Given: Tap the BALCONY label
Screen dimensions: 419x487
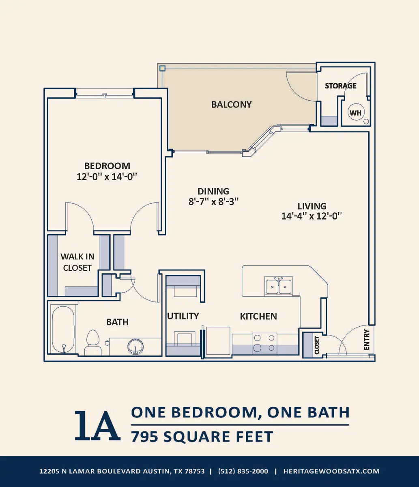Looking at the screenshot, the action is [231, 104].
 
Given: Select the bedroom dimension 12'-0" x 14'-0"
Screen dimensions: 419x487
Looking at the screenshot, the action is [107, 177].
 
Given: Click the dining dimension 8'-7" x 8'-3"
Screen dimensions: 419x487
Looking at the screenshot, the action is [213, 201].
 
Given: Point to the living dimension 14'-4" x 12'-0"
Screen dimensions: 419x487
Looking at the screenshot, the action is [312, 216].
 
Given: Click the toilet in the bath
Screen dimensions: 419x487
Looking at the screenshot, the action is [93, 343].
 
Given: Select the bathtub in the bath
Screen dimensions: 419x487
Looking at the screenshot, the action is [63, 330].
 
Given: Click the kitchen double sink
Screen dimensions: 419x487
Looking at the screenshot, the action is [278, 286].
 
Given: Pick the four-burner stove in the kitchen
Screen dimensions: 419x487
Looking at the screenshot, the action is [264, 343].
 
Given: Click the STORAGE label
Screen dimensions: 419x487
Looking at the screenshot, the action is [341, 86].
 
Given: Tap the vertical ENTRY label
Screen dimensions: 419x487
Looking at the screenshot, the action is [367, 340].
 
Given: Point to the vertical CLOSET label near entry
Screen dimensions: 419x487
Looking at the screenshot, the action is [317, 345].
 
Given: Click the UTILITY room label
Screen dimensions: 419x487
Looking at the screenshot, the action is [183, 316].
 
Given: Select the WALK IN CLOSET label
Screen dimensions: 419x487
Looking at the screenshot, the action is [77, 262].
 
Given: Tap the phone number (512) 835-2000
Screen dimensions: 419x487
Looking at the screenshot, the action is [243, 471].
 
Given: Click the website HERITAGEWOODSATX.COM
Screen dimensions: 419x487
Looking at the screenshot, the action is [331, 471].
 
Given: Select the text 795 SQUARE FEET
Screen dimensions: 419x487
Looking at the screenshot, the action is [202, 436].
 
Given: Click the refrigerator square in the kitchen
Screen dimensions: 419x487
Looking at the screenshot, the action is [218, 340].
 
